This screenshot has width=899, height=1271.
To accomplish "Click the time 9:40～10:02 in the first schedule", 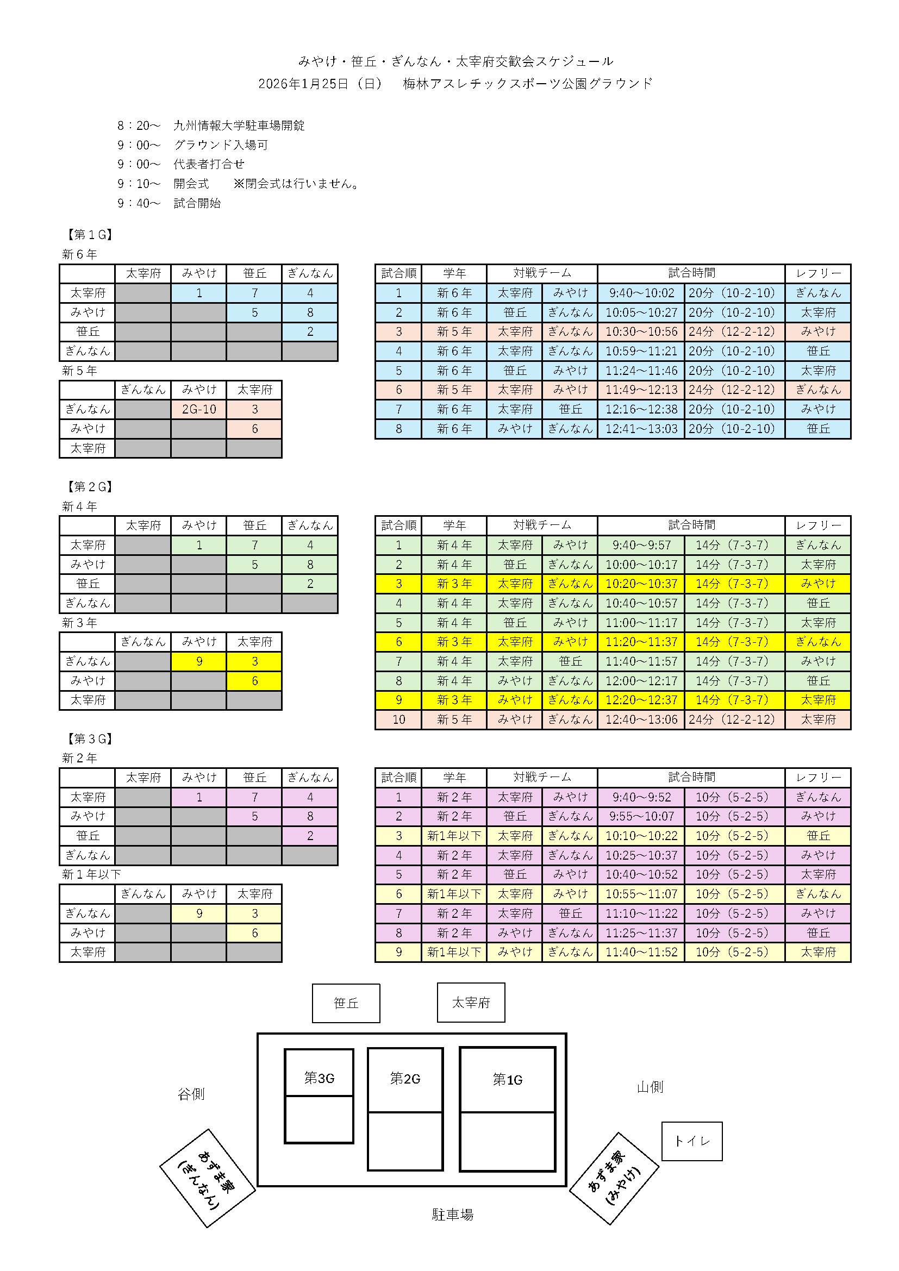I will (x=641, y=293).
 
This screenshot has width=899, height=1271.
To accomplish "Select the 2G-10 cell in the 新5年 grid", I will (x=199, y=409).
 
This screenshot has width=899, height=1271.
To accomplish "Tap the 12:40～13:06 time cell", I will (x=641, y=719).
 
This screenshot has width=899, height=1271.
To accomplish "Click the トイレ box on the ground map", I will (x=691, y=1141).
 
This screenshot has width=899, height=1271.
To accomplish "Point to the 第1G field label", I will (x=507, y=1080).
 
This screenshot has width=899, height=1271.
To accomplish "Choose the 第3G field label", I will (x=319, y=1078).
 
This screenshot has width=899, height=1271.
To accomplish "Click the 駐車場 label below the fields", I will (x=452, y=1214).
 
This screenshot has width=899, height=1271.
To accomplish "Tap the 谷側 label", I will (x=191, y=1094).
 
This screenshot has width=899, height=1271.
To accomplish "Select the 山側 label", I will (x=650, y=1087).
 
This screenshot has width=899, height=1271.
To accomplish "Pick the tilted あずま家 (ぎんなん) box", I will (x=208, y=1178).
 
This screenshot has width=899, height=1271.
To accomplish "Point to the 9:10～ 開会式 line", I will (x=163, y=184).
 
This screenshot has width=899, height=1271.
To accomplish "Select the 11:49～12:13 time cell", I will (x=641, y=390).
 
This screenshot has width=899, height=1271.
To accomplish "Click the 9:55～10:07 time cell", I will (x=641, y=816).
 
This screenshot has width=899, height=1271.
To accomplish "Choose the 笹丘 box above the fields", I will (x=346, y=1003).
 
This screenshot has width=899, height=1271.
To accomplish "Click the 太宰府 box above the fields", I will (x=471, y=1003).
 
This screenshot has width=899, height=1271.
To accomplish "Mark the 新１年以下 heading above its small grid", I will (x=91, y=874).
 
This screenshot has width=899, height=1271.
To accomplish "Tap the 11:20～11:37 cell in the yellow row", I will (x=641, y=642).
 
